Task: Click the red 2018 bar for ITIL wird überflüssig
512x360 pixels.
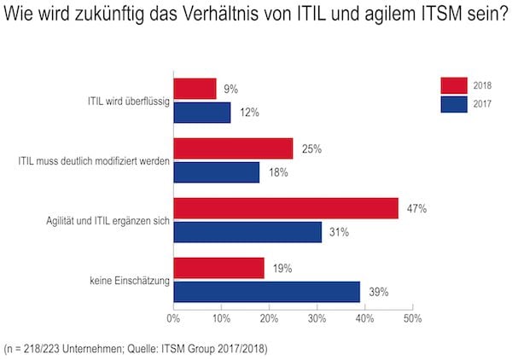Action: point(195,89)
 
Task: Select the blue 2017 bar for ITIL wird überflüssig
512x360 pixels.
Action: point(202,112)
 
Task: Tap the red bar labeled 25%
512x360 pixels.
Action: point(233,149)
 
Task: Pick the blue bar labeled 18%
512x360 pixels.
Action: point(217,172)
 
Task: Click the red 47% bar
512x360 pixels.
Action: point(286,208)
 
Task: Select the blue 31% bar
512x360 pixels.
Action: point(247,231)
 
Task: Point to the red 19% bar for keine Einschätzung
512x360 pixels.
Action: point(219,269)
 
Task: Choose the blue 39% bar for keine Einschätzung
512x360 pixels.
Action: point(266,292)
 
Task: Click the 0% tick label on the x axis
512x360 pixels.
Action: point(173,318)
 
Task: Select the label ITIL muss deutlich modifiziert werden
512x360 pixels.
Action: point(94,160)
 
